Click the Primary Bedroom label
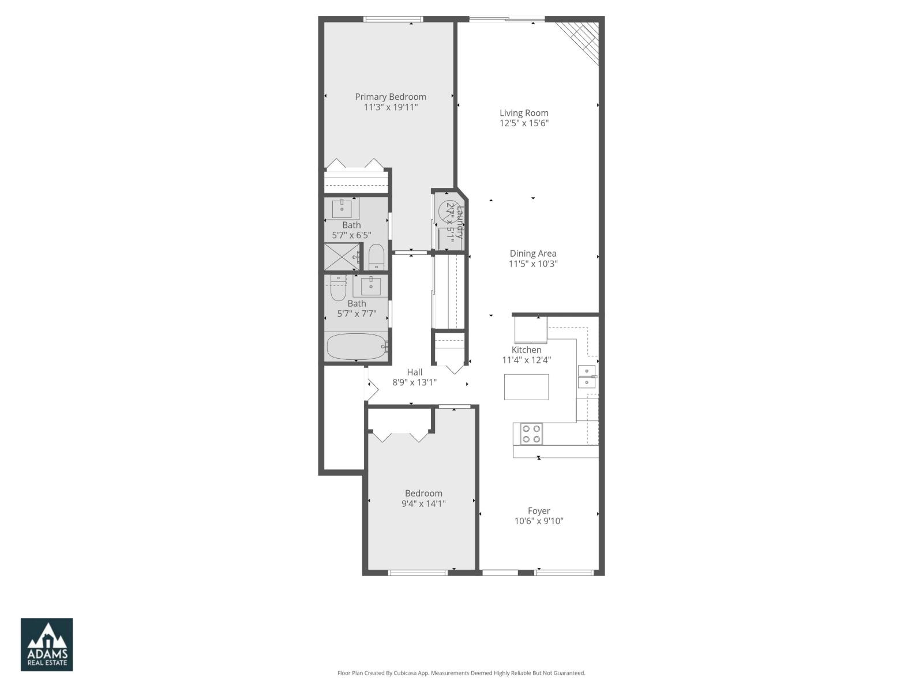point(391,97)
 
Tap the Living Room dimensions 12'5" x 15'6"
point(524,123)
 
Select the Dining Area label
point(532,254)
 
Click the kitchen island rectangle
point(526,387)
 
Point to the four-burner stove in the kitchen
point(531,434)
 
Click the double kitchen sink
point(587,377)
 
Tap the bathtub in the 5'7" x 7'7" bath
point(357,347)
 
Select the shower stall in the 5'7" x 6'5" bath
point(342,257)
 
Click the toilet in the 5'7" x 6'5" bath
point(376,258)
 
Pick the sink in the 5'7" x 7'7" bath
point(370,285)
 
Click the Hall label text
point(414,373)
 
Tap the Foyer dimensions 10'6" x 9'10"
point(539,521)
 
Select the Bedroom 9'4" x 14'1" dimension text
point(423,503)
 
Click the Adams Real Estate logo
point(47,645)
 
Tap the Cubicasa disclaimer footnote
point(461,673)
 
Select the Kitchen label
point(526,350)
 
